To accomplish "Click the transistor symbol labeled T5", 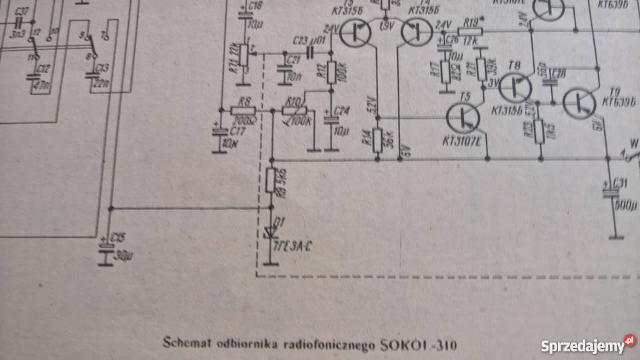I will pyautogui.click(x=463, y=118).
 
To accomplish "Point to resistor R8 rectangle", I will pyautogui.click(x=243, y=109).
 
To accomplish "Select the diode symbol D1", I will pyautogui.click(x=271, y=230).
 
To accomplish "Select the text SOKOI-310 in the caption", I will pyautogui.click(x=419, y=345).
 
